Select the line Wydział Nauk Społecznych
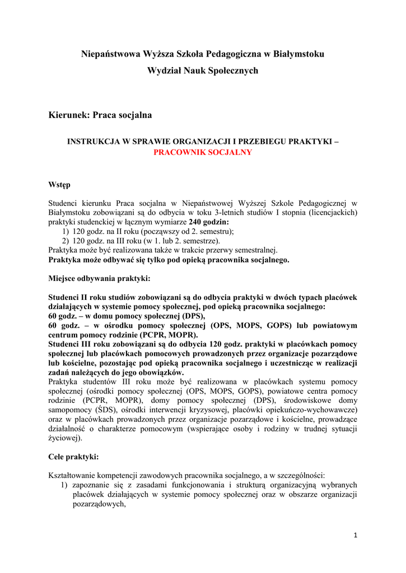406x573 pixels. click(203, 71)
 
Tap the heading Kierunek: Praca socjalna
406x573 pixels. click(100, 115)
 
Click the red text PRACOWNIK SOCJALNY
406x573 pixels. click(203, 152)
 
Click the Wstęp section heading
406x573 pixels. click(59, 185)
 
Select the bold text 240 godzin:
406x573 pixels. click(209, 222)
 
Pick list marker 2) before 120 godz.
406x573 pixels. click(66, 241)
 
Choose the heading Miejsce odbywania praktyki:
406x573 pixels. click(99, 278)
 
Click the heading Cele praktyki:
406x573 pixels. click(73, 457)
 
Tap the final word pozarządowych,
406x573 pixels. click(99, 504)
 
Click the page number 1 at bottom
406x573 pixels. click(355, 536)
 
